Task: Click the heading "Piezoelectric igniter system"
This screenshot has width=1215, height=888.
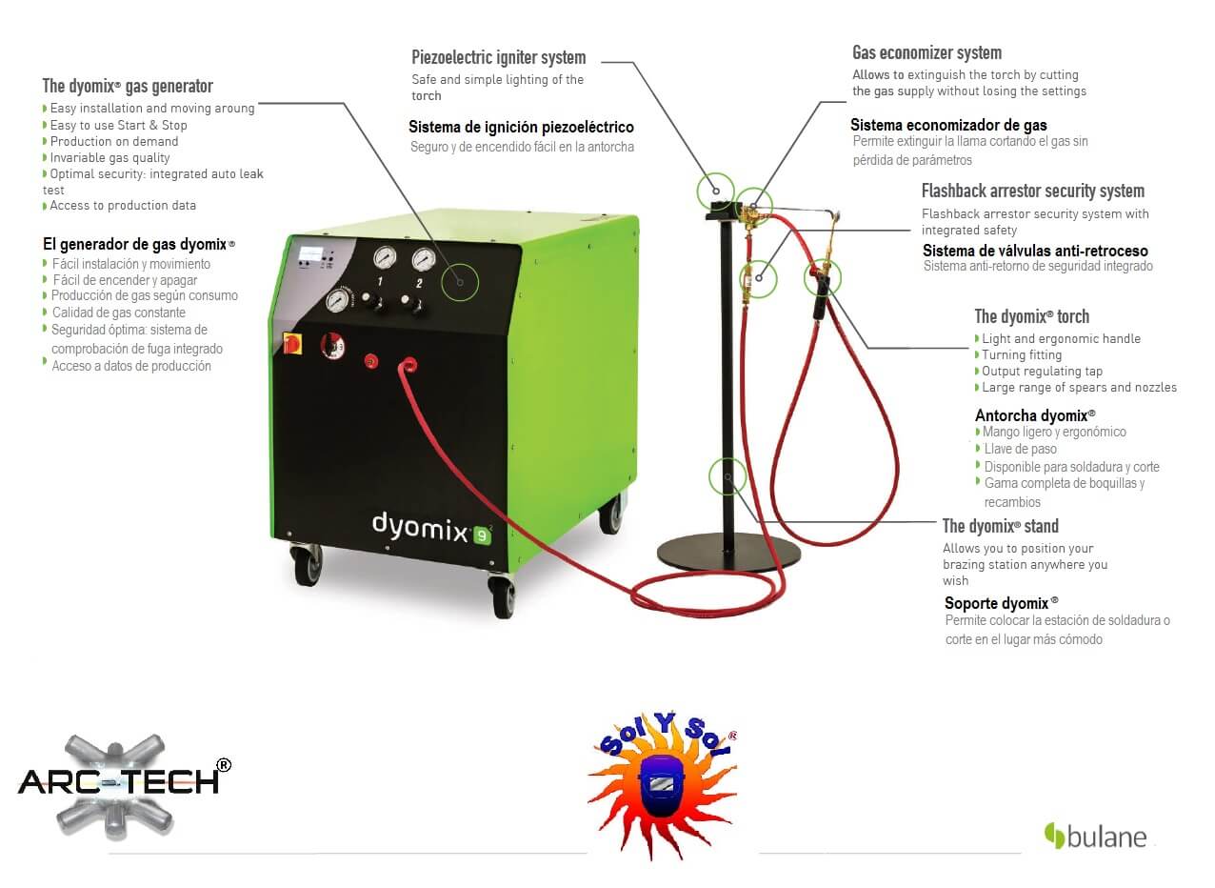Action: pos(499,57)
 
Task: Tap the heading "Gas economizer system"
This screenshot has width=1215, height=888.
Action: pos(926,52)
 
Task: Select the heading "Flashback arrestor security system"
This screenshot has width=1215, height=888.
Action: pos(1033,191)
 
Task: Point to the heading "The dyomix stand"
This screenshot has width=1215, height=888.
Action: pos(1000,525)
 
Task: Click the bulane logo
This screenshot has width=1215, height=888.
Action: pos(1095,837)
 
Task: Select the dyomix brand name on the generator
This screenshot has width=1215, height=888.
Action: pos(419,526)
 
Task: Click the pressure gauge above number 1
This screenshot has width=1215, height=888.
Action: pos(385,257)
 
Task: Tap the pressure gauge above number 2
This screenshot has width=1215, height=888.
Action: pos(423,259)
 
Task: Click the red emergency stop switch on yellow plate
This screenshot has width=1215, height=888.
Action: pos(292,344)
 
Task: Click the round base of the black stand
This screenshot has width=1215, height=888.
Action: pos(728,554)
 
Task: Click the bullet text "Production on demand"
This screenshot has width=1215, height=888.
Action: pos(114,141)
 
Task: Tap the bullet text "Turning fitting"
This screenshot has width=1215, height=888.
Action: pos(1022,354)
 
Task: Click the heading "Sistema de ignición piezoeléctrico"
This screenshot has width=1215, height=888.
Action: pos(521,127)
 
